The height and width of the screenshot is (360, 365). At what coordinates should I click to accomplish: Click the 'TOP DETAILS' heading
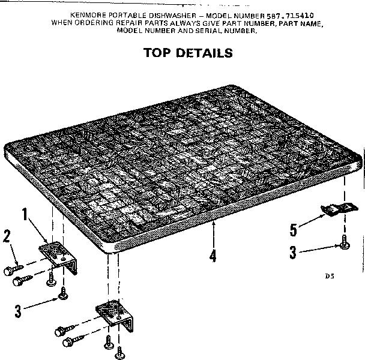click(x=188, y=53)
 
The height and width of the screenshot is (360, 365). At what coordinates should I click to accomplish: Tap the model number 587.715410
click(x=290, y=16)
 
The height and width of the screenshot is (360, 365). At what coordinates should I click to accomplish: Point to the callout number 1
click(x=25, y=214)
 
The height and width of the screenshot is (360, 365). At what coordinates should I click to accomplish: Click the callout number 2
click(x=7, y=236)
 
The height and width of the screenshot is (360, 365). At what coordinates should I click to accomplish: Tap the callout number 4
click(x=213, y=256)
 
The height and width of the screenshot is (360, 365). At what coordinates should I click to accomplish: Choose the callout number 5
click(x=294, y=230)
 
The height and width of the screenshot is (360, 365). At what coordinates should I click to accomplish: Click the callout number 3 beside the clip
click(x=293, y=252)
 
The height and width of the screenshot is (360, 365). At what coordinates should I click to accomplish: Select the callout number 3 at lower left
click(x=18, y=311)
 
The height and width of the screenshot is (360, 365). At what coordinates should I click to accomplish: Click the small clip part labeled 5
click(x=339, y=209)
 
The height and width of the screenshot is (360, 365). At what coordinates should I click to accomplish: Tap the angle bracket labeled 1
click(x=58, y=257)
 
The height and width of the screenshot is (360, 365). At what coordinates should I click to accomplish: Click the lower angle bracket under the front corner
click(x=115, y=314)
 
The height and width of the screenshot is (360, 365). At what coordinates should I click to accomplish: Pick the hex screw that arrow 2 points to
click(x=13, y=269)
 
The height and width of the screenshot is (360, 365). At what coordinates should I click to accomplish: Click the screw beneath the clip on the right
click(x=344, y=242)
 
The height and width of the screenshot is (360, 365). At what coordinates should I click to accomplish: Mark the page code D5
click(x=330, y=276)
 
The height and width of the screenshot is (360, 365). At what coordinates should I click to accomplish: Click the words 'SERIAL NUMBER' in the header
click(x=226, y=31)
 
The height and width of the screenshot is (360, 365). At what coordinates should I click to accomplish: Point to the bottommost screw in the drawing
click(x=120, y=353)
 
